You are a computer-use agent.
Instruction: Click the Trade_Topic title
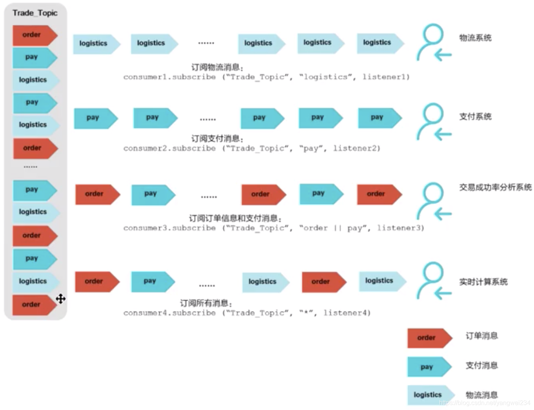point(35,13)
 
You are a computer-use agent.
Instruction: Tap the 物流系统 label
point(475,38)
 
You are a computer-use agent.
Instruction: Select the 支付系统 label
point(475,116)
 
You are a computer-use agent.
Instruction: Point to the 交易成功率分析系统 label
point(495,187)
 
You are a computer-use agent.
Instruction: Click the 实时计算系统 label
point(483,282)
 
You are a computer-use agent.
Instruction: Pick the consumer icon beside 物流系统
point(433,43)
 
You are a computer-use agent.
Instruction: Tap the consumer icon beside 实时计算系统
point(433,281)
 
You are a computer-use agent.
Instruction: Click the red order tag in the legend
point(429,338)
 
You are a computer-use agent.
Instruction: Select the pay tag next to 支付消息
point(429,367)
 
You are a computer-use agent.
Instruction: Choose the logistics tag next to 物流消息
point(430,395)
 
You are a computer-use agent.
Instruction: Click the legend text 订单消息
point(481,336)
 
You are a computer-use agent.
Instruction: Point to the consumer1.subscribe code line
point(266,77)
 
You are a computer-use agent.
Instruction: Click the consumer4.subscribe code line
point(247,313)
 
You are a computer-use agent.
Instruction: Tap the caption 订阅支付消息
point(217,138)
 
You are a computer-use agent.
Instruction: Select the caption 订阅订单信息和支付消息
point(235,218)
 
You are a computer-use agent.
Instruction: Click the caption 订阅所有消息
point(206,303)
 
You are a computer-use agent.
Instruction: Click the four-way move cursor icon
point(61,299)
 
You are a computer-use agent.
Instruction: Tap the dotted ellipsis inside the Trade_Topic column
point(30,167)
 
